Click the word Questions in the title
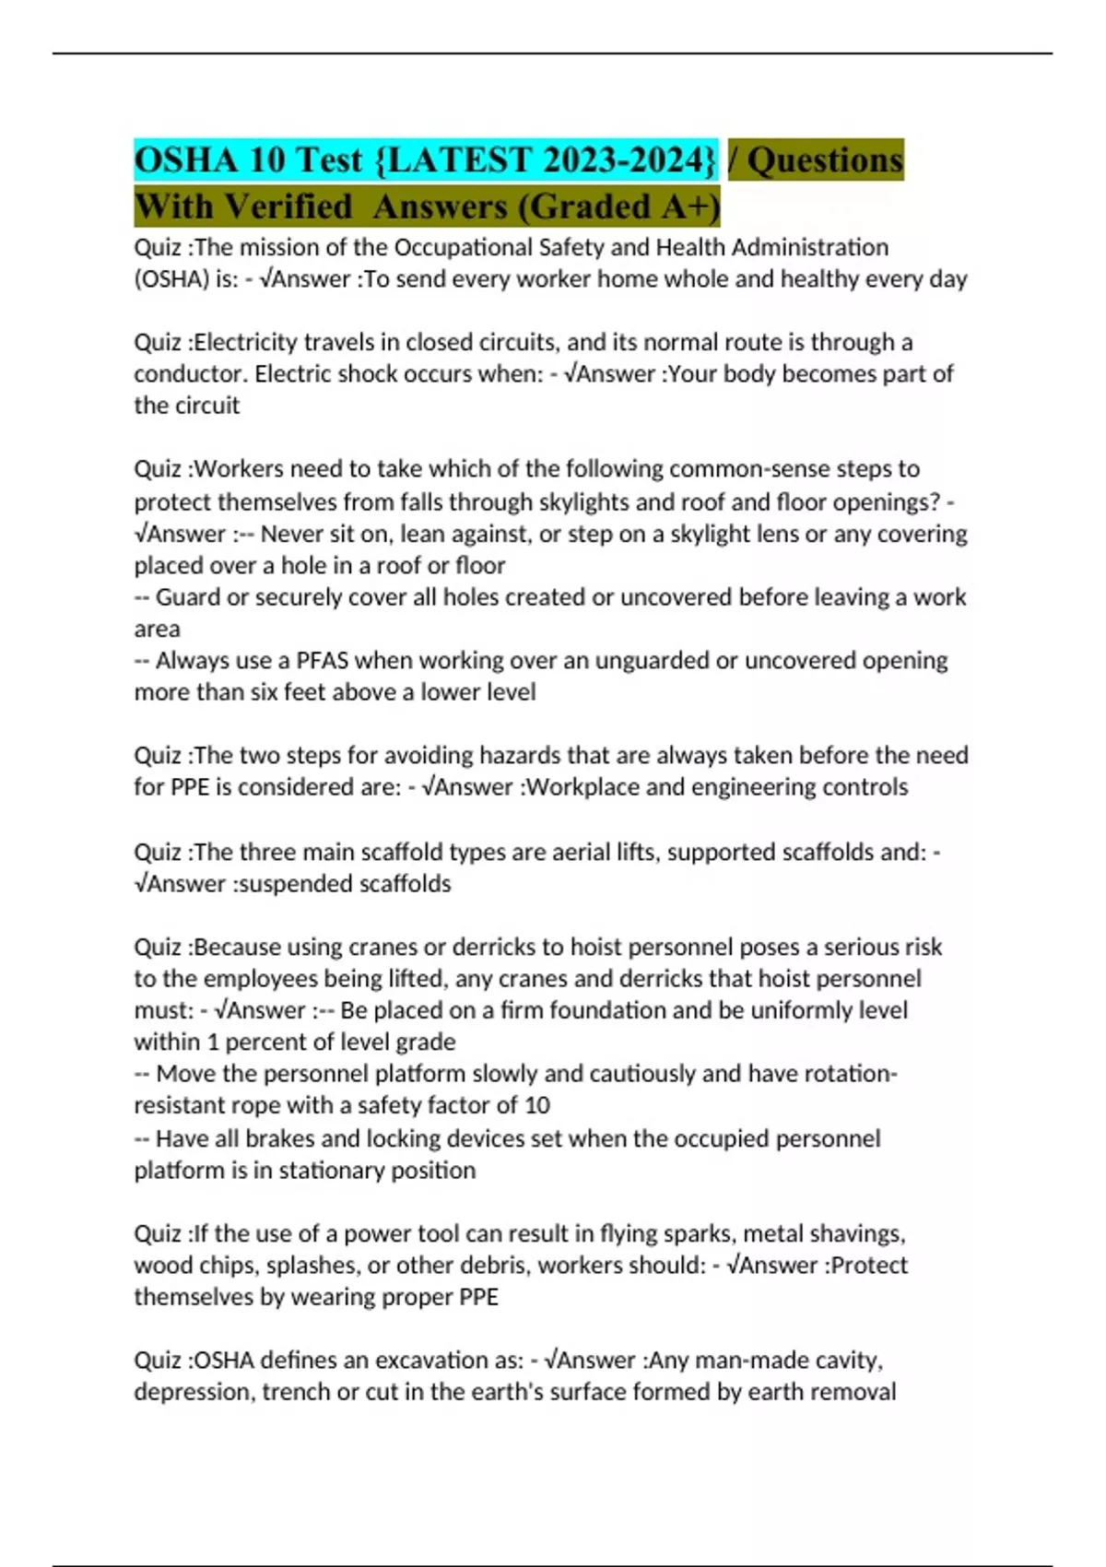[x=825, y=160]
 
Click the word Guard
[x=188, y=597]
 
